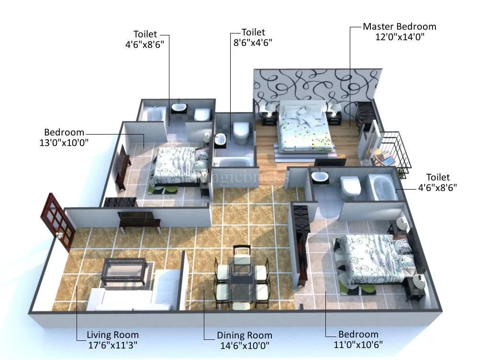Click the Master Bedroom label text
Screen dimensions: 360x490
coord(399,27)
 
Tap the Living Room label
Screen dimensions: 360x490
coord(112,335)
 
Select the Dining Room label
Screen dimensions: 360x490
coord(244,336)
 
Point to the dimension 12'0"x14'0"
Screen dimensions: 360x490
coord(400,37)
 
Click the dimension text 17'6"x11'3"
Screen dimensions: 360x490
coord(112,345)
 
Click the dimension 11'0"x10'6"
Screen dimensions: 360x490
coord(358,344)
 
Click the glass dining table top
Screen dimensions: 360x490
coord(241,270)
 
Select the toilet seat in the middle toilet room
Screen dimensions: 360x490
coord(241,132)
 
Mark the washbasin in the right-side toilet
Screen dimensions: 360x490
coord(319,177)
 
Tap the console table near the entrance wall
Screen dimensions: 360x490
coord(139,220)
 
